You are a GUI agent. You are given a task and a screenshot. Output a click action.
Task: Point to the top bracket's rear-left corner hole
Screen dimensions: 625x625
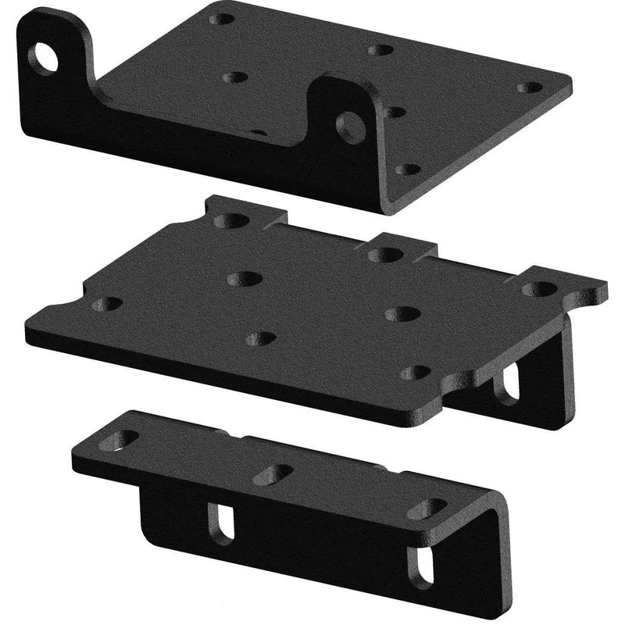pos(223,17)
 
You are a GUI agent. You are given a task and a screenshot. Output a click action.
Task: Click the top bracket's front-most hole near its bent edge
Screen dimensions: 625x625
pos(404,169)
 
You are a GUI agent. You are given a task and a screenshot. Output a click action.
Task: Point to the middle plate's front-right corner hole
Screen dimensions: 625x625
pos(420,372)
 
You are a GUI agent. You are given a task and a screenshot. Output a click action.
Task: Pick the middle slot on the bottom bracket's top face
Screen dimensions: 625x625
pos(273,473)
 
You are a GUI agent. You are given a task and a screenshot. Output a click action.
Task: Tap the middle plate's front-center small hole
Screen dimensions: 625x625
pos(261,338)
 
